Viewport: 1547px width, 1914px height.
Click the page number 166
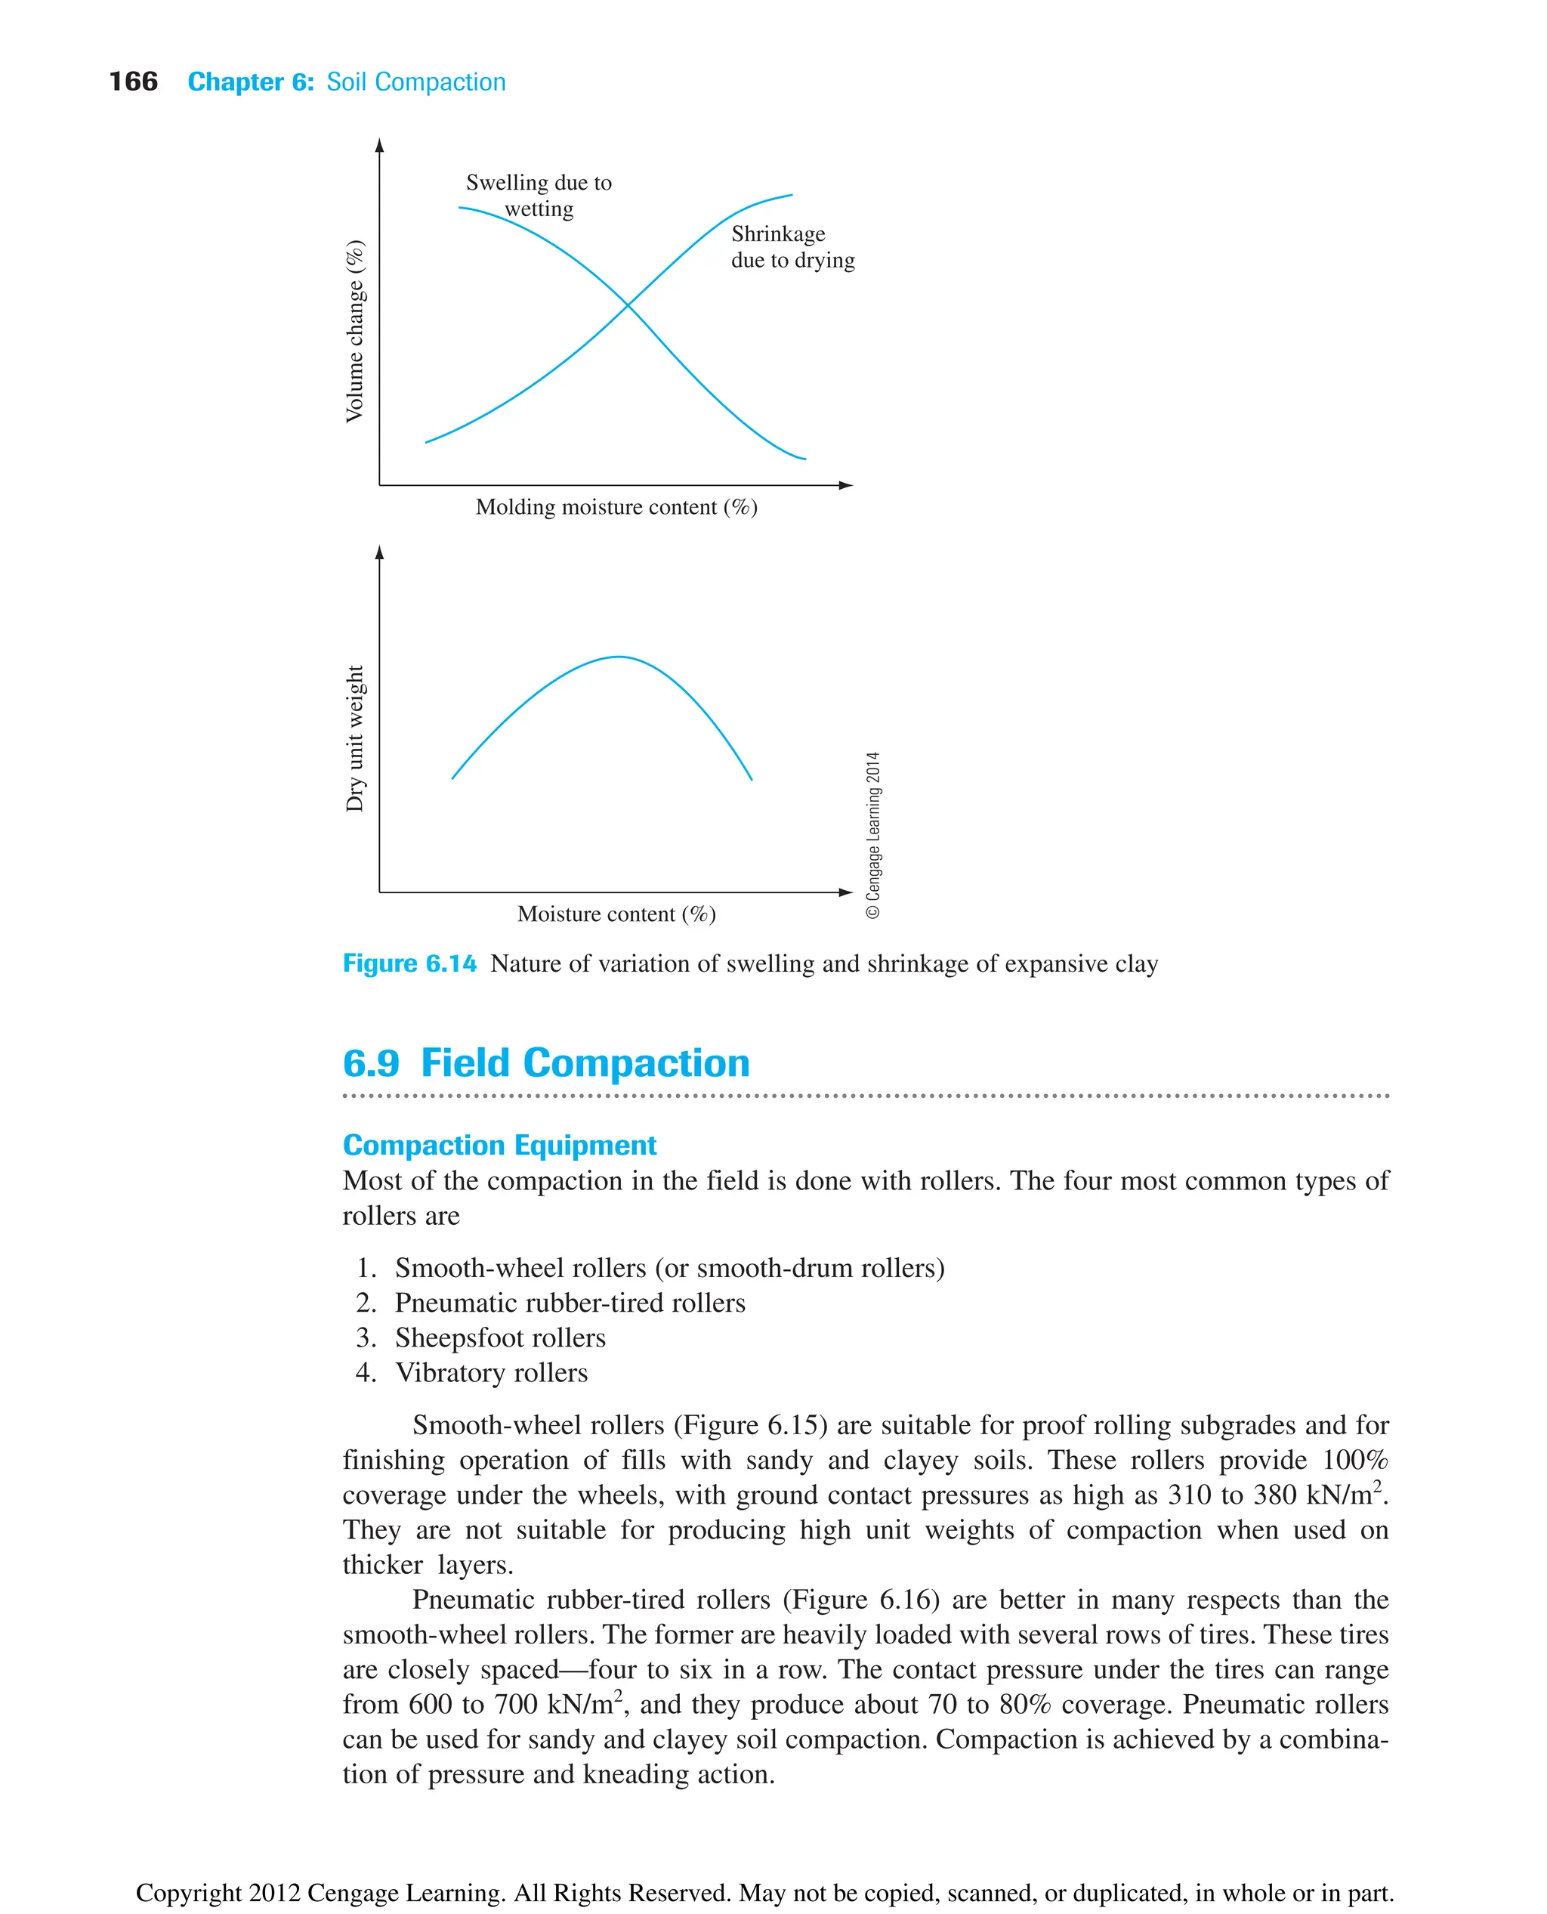[x=133, y=82]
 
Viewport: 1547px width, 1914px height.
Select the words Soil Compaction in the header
[x=415, y=82]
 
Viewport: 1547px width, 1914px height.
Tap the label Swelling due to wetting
[x=539, y=195]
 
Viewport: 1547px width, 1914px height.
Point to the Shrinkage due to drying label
[x=792, y=247]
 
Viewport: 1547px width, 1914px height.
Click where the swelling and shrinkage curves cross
[x=628, y=305]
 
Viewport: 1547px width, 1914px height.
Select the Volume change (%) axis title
[x=355, y=331]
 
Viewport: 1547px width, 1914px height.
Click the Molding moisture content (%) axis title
[x=616, y=507]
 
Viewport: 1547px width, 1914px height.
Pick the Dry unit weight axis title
[x=355, y=738]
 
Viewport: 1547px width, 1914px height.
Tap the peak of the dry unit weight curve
[x=619, y=657]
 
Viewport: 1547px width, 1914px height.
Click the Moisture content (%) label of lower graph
[x=616, y=914]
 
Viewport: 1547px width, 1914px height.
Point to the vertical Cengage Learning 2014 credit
[x=873, y=834]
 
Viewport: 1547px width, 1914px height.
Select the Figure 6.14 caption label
[x=409, y=963]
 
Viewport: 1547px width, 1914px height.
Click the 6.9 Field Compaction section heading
[x=545, y=1062]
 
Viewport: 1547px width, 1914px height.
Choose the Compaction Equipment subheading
[x=499, y=1145]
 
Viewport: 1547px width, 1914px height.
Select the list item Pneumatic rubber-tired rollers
[x=570, y=1303]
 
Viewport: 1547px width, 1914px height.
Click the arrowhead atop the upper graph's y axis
[x=380, y=144]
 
